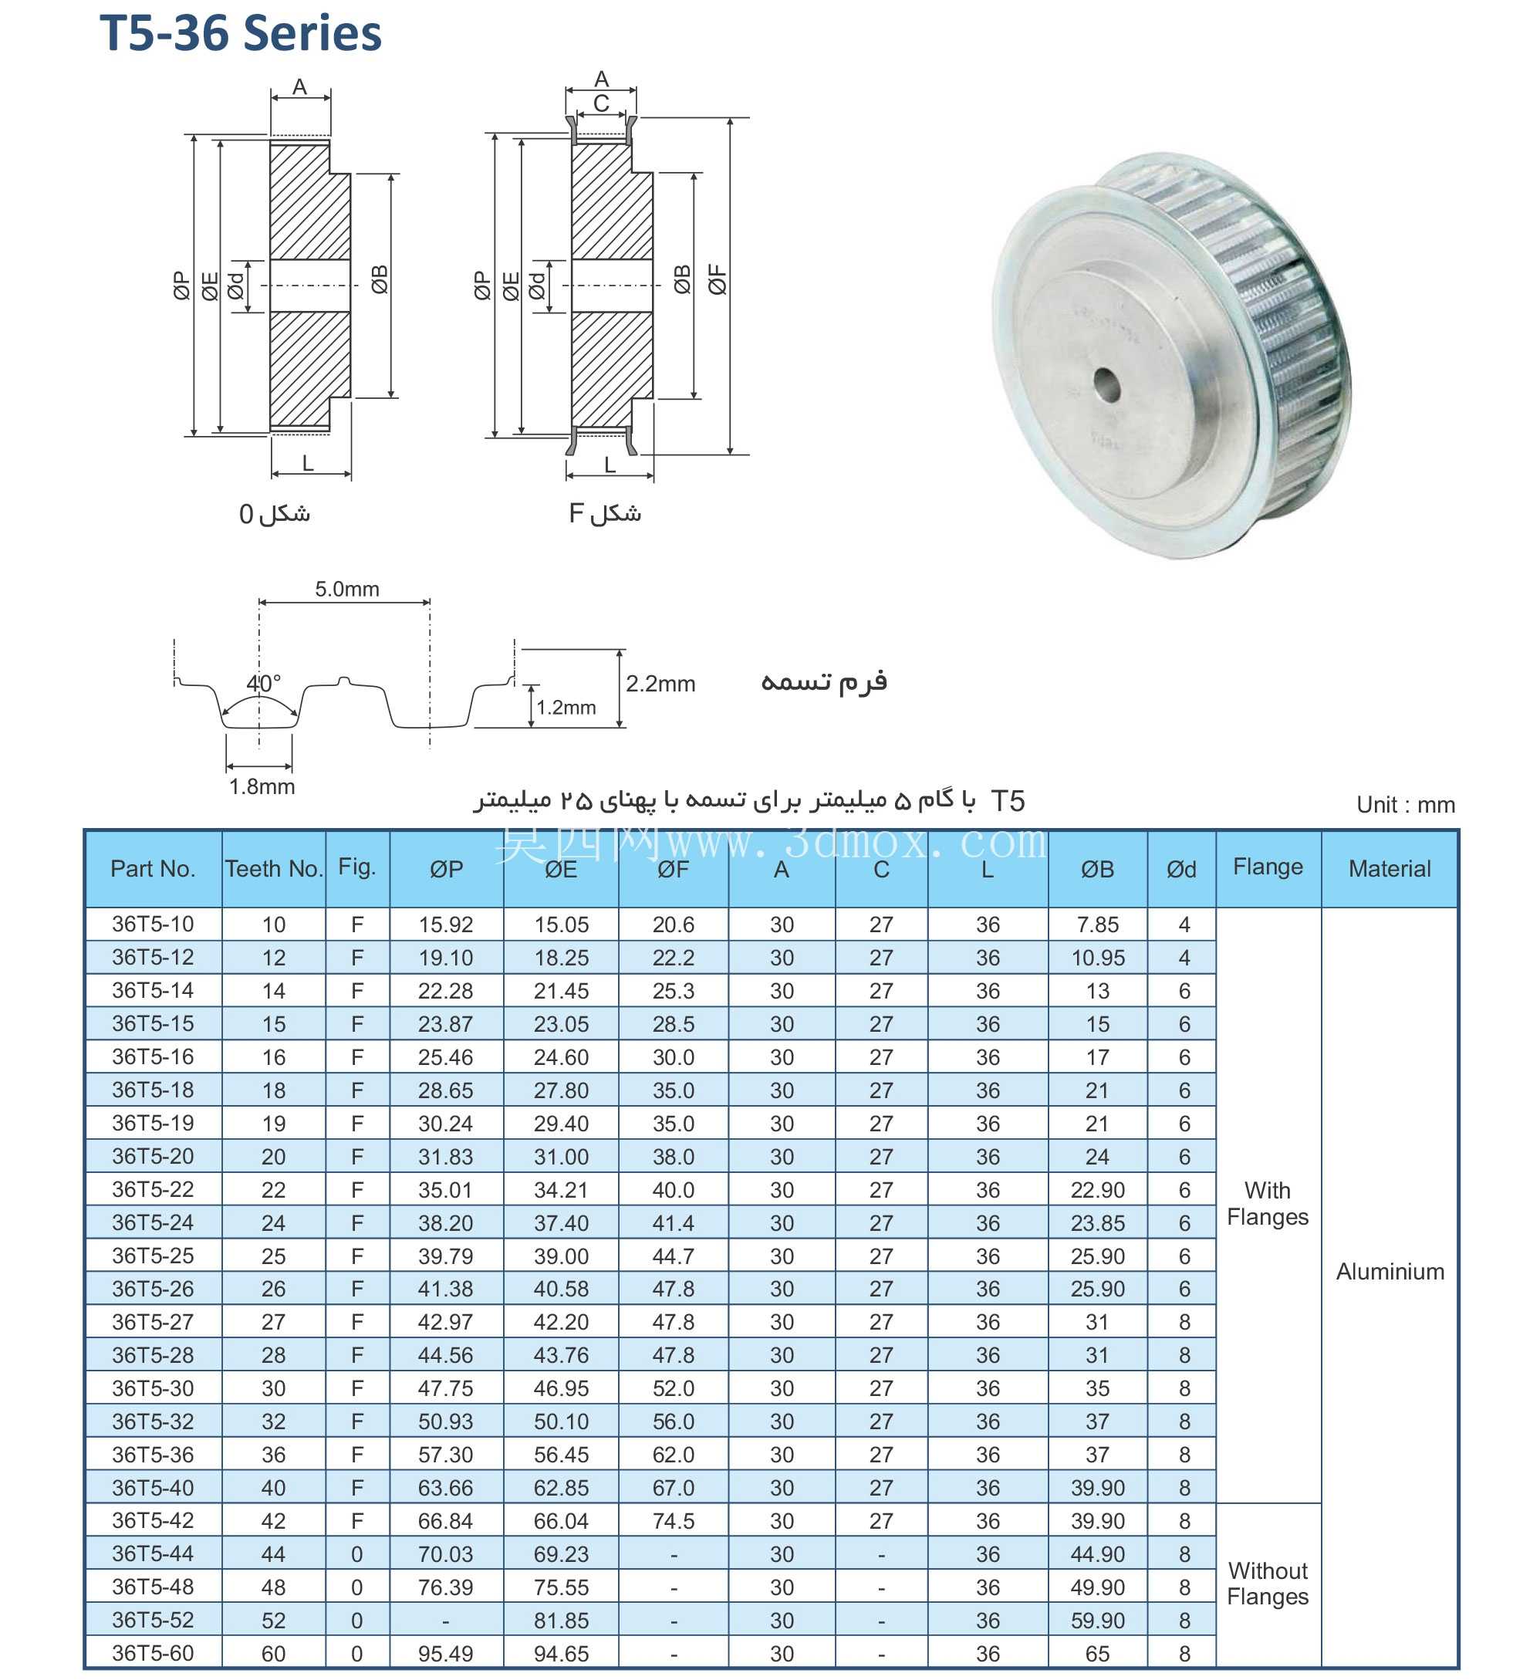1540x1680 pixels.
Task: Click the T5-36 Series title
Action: pyautogui.click(x=240, y=33)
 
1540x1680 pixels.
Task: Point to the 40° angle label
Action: pyautogui.click(x=263, y=683)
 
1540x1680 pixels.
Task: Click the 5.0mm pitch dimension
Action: pyautogui.click(x=346, y=589)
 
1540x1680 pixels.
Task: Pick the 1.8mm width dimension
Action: pyautogui.click(x=262, y=786)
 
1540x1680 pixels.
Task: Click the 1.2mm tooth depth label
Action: pyautogui.click(x=566, y=708)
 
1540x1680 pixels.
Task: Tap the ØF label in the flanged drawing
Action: pyautogui.click(x=718, y=279)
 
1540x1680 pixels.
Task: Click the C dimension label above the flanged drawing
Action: pyautogui.click(x=601, y=103)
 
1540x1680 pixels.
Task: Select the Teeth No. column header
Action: pyautogui.click(x=273, y=869)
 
